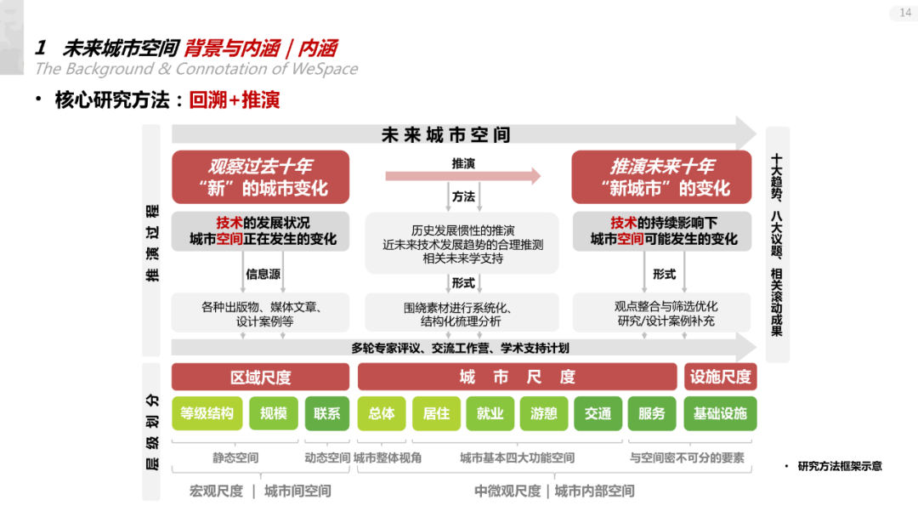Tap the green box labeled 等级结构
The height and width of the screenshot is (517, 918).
(x=207, y=413)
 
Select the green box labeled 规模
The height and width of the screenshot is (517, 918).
(x=273, y=413)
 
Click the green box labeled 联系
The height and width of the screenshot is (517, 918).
(x=326, y=413)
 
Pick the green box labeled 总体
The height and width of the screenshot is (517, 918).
(x=382, y=413)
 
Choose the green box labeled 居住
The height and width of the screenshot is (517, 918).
(x=435, y=413)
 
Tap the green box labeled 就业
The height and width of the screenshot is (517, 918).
(x=490, y=413)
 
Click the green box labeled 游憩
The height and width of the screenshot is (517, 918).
(x=544, y=413)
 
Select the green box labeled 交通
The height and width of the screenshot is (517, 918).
(x=598, y=413)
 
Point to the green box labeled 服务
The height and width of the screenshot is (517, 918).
(x=652, y=413)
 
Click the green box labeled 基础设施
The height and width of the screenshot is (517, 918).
(x=720, y=413)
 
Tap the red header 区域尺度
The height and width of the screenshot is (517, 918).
(x=260, y=377)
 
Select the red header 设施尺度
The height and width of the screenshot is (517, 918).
(x=720, y=377)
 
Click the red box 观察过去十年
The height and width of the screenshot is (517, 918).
(x=260, y=177)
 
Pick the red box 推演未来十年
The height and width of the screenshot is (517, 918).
(x=661, y=177)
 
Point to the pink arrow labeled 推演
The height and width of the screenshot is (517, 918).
(x=462, y=175)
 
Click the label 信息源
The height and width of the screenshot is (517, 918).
(x=263, y=274)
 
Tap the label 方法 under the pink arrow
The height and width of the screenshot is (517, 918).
(x=463, y=196)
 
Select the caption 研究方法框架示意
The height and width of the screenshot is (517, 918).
(x=839, y=466)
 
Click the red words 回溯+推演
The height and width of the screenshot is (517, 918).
(x=235, y=100)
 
